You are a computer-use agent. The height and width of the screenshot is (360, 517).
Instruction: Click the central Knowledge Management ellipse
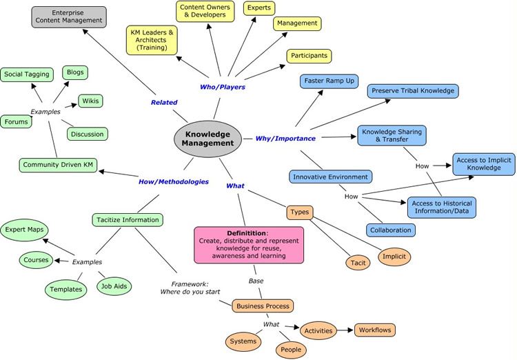click(x=207, y=139)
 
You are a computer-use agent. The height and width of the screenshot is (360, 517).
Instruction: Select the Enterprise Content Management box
click(x=69, y=17)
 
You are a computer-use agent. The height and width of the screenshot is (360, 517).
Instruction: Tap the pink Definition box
click(x=249, y=245)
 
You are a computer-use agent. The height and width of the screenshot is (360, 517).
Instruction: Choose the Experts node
click(x=259, y=8)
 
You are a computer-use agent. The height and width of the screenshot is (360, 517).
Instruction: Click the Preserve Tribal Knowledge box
click(x=413, y=91)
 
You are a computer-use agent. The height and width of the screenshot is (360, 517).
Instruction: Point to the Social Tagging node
click(x=27, y=74)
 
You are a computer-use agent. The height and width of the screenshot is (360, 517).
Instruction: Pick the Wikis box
click(x=90, y=101)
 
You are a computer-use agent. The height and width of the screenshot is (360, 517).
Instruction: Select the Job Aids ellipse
click(x=114, y=286)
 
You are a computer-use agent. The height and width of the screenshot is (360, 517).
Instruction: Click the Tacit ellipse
click(x=358, y=263)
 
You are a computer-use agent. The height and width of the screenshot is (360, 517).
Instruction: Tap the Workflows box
click(x=375, y=330)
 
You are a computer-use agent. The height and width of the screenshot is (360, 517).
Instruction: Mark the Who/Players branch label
click(x=223, y=87)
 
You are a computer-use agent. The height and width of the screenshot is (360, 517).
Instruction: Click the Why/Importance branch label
click(x=285, y=139)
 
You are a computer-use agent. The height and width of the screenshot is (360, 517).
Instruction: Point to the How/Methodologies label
click(x=174, y=182)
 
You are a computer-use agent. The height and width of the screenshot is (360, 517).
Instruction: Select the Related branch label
click(x=164, y=103)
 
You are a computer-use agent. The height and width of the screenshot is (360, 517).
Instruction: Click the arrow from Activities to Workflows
click(x=345, y=330)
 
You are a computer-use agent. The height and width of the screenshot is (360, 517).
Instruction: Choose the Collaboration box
click(x=391, y=230)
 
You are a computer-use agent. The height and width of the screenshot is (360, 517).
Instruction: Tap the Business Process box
click(x=263, y=306)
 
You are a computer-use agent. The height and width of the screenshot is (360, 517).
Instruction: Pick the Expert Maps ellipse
click(x=24, y=230)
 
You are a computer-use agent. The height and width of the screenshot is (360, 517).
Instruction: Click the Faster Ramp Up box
click(x=329, y=81)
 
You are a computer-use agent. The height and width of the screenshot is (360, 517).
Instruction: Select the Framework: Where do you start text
click(x=190, y=288)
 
